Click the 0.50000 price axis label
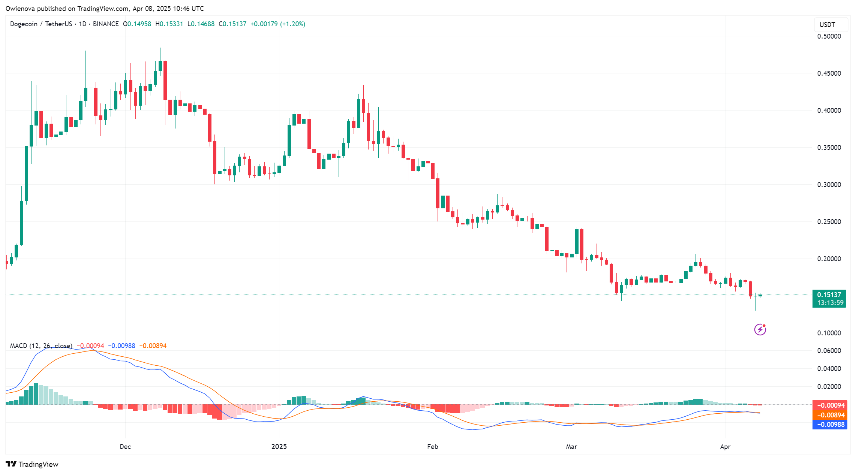(829, 36)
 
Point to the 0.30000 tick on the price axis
(829, 185)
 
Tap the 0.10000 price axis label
(829, 333)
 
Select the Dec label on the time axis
(125, 447)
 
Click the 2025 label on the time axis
(279, 447)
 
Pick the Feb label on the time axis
(432, 447)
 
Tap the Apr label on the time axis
(725, 447)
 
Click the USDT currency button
(828, 25)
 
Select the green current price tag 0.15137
(829, 295)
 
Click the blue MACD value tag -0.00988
(830, 425)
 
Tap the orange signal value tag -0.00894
(830, 415)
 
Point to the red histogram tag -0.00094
(830, 405)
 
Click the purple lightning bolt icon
(760, 329)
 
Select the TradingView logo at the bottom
(32, 464)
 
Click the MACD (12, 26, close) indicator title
(41, 346)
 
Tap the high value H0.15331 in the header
(169, 24)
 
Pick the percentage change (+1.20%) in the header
(292, 24)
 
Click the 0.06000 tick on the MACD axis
(829, 351)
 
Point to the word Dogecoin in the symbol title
(24, 24)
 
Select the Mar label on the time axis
(571, 447)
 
